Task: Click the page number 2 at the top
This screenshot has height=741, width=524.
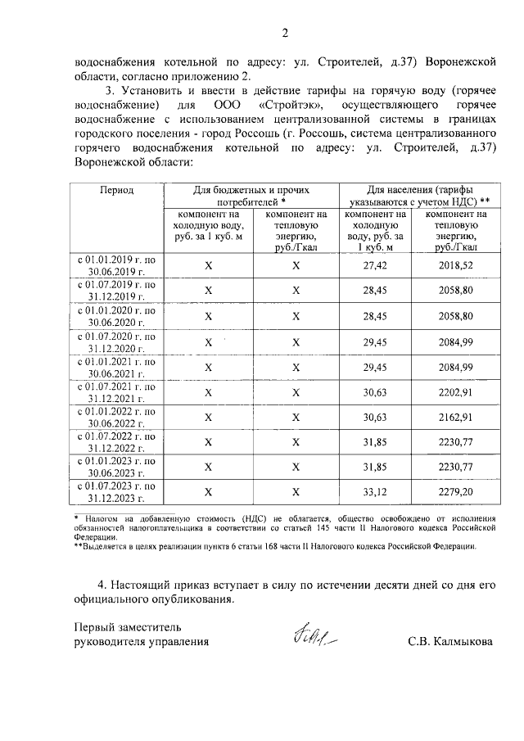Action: (285, 34)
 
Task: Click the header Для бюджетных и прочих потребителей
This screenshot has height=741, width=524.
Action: (251, 195)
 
